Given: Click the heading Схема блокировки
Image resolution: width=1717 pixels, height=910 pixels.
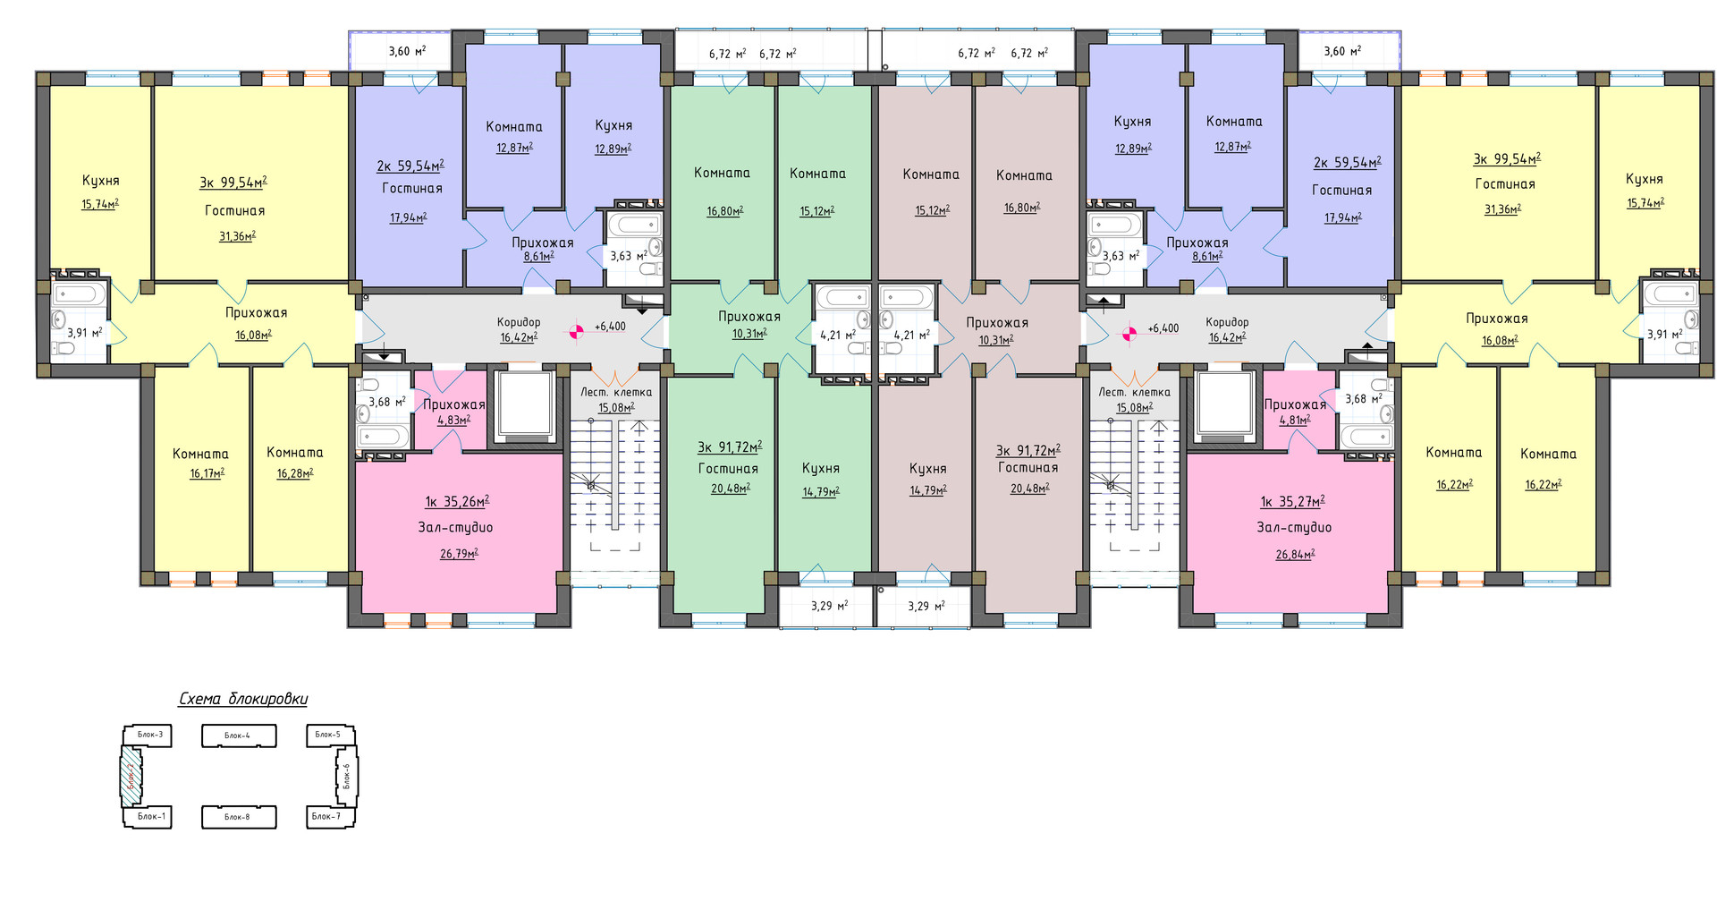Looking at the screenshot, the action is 243,699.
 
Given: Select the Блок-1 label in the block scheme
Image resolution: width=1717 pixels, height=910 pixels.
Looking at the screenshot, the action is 151,816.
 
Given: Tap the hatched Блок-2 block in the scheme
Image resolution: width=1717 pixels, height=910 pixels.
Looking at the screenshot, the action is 131,775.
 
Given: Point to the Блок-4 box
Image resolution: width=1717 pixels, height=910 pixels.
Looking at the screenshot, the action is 239,736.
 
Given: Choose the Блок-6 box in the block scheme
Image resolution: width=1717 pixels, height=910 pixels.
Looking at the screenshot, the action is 347,776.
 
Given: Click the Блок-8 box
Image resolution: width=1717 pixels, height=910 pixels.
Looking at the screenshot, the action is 239,817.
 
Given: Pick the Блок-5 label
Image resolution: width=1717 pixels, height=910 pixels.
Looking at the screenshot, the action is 327,735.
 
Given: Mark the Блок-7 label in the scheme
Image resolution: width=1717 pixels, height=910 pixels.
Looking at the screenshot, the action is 326,816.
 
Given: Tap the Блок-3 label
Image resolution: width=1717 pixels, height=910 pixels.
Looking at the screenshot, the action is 150,735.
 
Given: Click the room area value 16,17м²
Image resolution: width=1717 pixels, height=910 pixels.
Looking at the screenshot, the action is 207,473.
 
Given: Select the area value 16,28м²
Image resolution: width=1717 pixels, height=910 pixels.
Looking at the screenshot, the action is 295,473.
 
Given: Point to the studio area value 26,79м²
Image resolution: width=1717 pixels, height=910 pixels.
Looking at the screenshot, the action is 459,554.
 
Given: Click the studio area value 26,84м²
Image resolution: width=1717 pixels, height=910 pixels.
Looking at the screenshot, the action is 1295,555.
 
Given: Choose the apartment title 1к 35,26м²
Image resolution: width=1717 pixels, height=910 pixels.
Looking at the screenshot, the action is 457,502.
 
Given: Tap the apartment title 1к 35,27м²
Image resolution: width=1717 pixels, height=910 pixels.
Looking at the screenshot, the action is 1292,502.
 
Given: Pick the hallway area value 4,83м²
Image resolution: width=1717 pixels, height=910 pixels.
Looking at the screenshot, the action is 453,420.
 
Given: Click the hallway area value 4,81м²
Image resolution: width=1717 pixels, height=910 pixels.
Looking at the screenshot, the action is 1294,420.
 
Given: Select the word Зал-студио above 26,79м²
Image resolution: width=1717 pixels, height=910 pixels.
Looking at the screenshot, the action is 455,528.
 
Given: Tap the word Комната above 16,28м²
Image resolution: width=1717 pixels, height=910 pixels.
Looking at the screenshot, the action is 295,453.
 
